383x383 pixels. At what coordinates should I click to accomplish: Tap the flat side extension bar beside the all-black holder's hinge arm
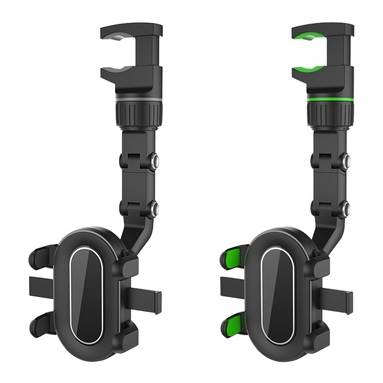tap(147, 297)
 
